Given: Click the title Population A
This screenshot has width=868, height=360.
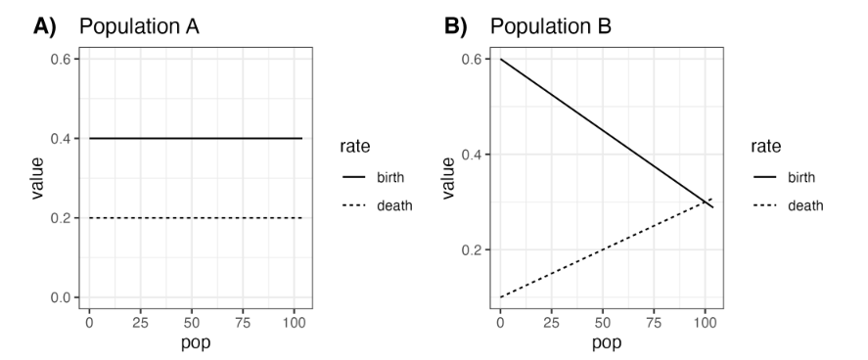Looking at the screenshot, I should click(139, 27).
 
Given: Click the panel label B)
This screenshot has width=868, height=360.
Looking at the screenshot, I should click(459, 27).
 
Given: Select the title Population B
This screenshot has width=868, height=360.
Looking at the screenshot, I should click(551, 27).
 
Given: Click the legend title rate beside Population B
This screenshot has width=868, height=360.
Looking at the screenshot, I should click(765, 148).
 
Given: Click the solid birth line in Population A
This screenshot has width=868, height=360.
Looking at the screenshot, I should click(196, 139).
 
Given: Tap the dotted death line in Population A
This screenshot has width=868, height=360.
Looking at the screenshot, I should click(196, 218).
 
